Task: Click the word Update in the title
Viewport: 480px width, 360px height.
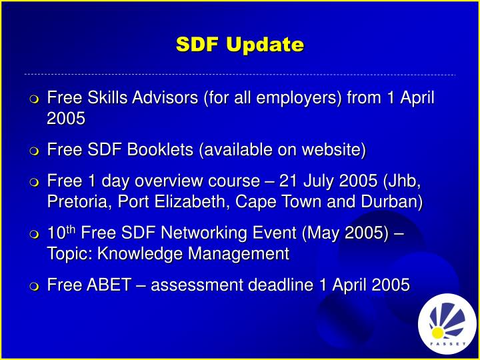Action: (x=265, y=45)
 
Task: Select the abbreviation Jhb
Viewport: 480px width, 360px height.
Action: (x=404, y=181)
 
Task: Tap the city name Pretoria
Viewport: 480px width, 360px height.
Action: (x=79, y=202)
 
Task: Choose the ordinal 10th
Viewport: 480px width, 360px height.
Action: (x=62, y=233)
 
